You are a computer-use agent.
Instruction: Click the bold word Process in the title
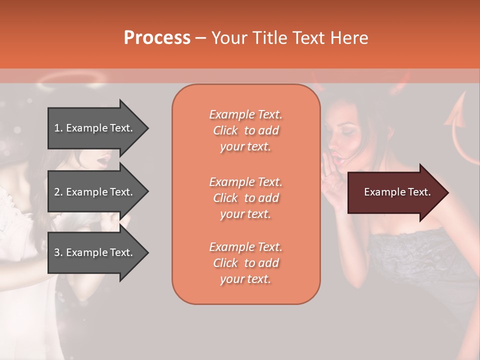(157, 38)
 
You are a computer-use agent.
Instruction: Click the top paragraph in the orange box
(245, 130)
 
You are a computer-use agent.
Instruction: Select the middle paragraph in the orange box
(245, 198)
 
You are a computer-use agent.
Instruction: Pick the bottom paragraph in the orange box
(245, 263)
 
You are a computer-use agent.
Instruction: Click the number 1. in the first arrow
(58, 128)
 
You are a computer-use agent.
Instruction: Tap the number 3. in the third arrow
(58, 252)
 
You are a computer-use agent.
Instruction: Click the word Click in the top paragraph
(225, 130)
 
